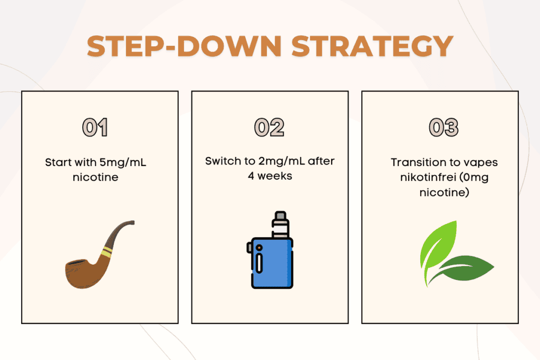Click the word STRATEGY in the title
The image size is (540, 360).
click(373, 46)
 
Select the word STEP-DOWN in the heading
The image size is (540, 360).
click(184, 46)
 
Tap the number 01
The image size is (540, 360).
click(95, 128)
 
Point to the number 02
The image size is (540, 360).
click(269, 128)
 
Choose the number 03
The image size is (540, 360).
click(443, 128)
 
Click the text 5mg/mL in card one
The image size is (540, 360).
click(123, 162)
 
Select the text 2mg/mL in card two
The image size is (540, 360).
click(282, 161)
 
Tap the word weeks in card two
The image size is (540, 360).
click(275, 176)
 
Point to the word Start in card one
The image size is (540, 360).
click(57, 162)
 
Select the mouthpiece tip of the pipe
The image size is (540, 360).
click(132, 222)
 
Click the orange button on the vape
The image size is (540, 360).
click(259, 247)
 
